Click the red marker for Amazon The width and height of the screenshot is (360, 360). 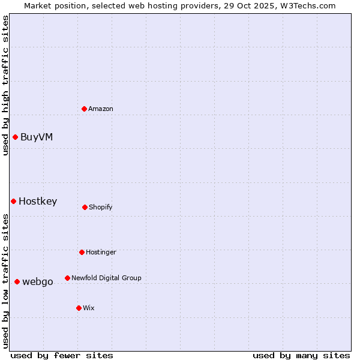[85, 109]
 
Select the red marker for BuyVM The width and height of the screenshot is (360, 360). [15, 137]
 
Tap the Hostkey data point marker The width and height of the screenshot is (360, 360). [13, 201]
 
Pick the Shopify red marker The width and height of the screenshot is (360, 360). [85, 207]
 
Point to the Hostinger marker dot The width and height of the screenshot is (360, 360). [82, 252]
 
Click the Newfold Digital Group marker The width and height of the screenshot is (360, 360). [67, 278]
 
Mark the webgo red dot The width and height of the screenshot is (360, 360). [17, 281]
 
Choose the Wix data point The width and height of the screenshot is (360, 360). [79, 308]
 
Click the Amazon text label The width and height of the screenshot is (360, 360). [101, 109]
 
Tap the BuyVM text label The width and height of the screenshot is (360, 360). [37, 137]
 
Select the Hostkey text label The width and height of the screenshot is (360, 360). [38, 201]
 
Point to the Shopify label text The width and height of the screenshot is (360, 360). [101, 207]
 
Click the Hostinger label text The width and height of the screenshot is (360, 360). [101, 252]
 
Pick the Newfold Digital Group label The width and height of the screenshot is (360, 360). [106, 278]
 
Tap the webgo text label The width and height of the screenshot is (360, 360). [38, 281]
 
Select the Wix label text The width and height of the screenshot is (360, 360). [89, 308]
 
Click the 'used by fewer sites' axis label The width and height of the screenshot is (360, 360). [62, 355]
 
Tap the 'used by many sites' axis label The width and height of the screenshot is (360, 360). [301, 355]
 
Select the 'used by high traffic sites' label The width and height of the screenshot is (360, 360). [5, 85]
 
